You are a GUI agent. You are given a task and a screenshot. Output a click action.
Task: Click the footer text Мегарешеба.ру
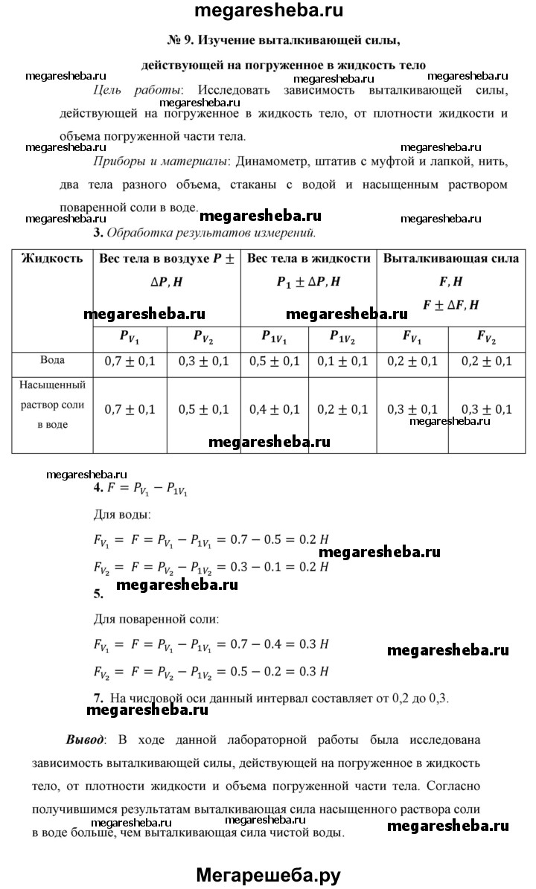(x=268, y=875)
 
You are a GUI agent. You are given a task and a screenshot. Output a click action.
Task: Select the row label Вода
(x=51, y=360)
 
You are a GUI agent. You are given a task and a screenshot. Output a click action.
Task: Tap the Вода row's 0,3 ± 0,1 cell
(x=204, y=362)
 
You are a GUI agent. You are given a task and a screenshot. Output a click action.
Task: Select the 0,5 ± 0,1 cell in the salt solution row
(x=204, y=409)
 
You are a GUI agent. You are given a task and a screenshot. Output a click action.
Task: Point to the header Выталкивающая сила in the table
(x=452, y=259)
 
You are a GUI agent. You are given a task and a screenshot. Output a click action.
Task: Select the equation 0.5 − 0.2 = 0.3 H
(x=275, y=671)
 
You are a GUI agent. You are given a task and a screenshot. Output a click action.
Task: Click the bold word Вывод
(x=85, y=740)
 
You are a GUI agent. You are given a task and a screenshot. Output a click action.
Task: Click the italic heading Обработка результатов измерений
(x=212, y=232)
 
